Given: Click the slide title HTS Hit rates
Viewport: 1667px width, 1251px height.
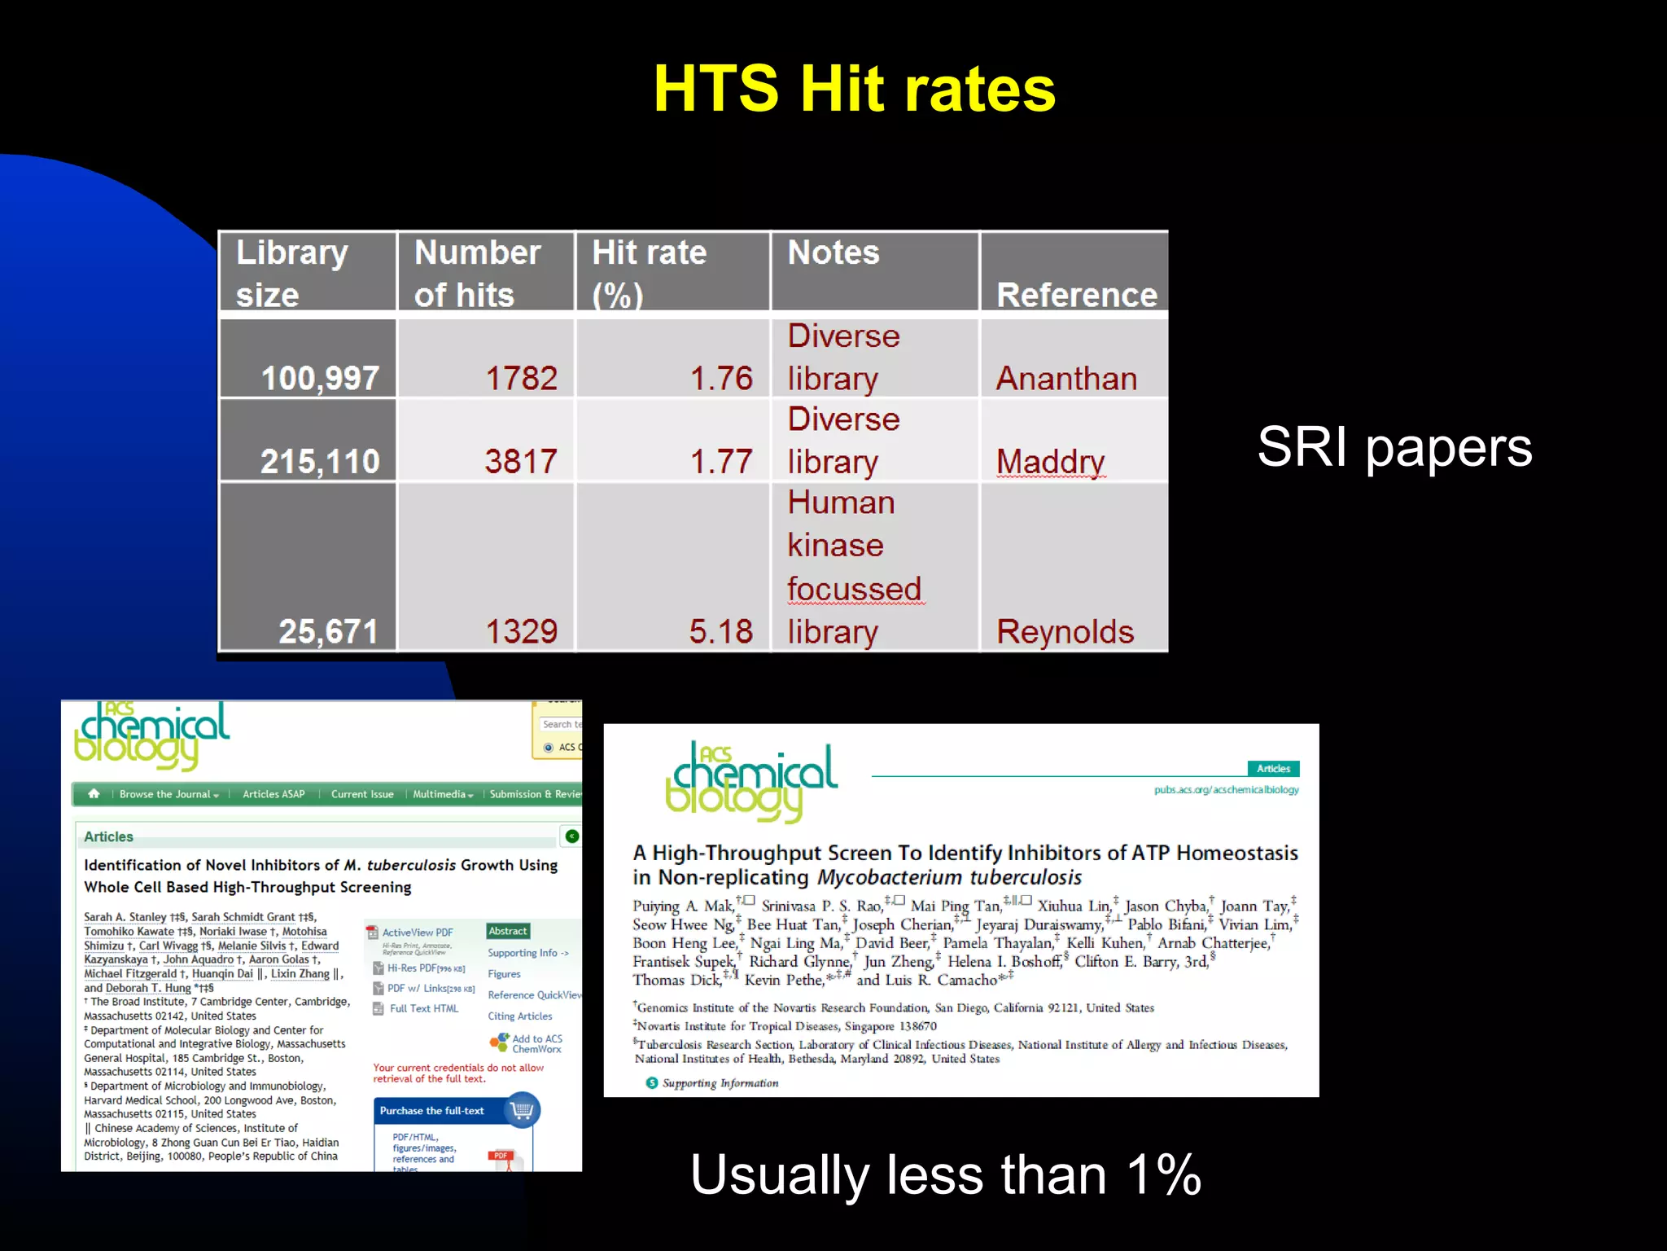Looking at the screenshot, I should pyautogui.click(x=854, y=89).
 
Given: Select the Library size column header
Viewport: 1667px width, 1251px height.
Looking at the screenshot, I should pyautogui.click(x=292, y=273).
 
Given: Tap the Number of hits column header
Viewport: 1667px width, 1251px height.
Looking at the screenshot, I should pyautogui.click(x=477, y=273).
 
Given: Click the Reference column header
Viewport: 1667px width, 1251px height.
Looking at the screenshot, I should pyautogui.click(x=1076, y=294).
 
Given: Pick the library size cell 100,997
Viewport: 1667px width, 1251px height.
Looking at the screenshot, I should pyautogui.click(x=320, y=378).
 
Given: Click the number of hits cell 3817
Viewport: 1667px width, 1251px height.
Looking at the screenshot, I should pyautogui.click(x=521, y=461).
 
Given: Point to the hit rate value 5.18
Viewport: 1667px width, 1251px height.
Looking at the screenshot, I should pyautogui.click(x=720, y=631).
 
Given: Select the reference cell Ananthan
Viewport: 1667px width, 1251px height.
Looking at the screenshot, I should pyautogui.click(x=1066, y=378).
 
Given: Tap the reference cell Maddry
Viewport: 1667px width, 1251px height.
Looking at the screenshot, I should pyautogui.click(x=1050, y=461).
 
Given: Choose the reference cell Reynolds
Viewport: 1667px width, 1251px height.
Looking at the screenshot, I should pyautogui.click(x=1065, y=631).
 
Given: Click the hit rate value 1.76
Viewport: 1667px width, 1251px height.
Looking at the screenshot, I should pyautogui.click(x=720, y=378).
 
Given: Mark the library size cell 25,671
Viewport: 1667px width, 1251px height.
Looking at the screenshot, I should pyautogui.click(x=328, y=631).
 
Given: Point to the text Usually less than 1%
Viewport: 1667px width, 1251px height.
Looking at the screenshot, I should pyautogui.click(x=945, y=1174).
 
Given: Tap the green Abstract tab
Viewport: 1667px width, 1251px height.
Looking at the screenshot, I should pyautogui.click(x=508, y=931).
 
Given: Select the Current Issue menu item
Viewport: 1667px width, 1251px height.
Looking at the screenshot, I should pyautogui.click(x=362, y=794).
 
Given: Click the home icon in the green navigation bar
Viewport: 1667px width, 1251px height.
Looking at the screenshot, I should pyautogui.click(x=94, y=793).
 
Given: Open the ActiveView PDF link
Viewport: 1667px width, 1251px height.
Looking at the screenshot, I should pyautogui.click(x=417, y=933).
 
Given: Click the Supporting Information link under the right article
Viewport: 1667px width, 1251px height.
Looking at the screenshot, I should pyautogui.click(x=720, y=1083).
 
